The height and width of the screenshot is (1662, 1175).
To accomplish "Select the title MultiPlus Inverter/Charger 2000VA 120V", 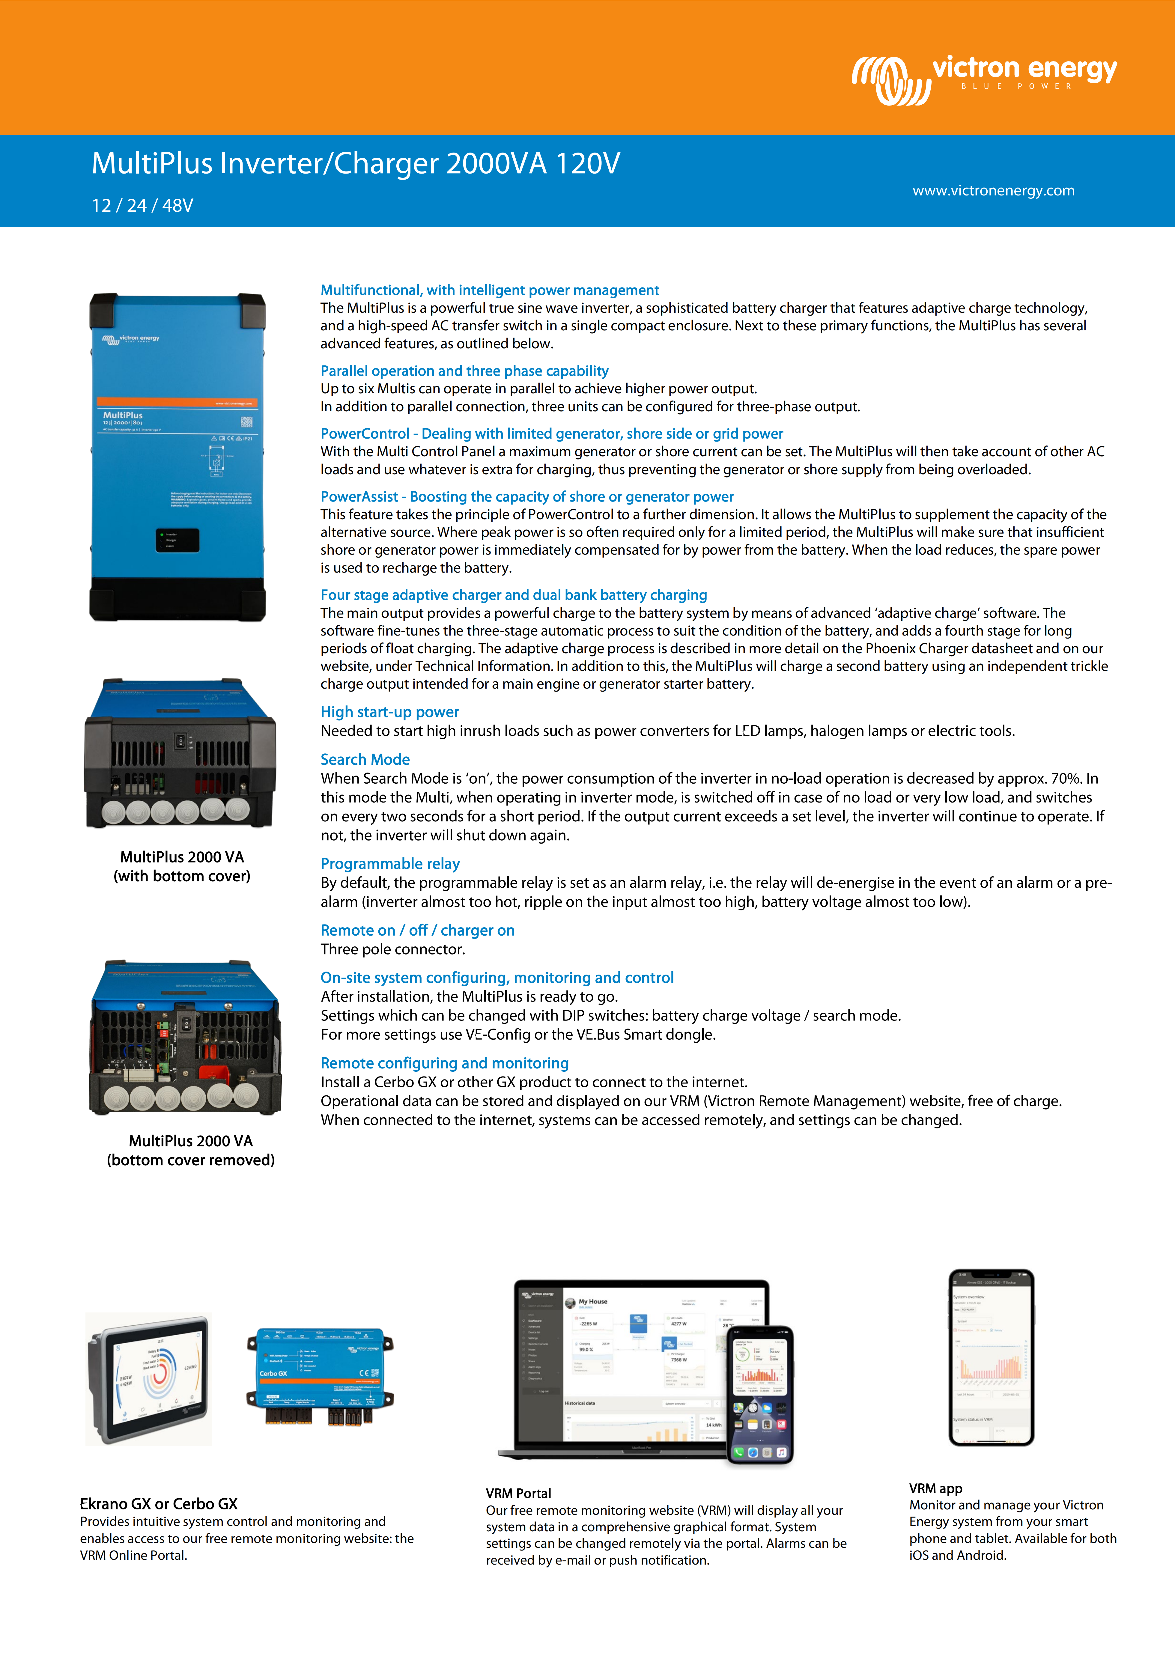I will click(356, 164).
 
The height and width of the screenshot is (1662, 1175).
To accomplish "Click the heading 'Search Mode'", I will click(365, 759).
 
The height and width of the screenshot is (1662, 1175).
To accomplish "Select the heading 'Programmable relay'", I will click(390, 864).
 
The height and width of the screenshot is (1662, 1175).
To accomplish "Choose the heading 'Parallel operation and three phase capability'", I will click(464, 371).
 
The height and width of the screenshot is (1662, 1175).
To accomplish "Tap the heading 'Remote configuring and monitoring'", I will click(445, 1063).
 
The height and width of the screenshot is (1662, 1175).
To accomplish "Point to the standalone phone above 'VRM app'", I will click(991, 1357).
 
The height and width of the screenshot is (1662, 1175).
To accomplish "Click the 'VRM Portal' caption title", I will click(518, 1493).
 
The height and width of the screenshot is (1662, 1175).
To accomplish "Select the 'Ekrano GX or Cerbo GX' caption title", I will click(159, 1503).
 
